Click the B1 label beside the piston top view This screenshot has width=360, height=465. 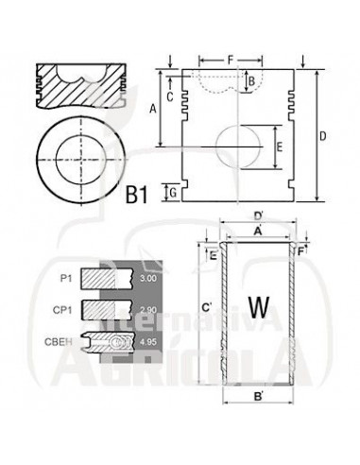136,195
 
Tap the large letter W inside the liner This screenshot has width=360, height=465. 259,307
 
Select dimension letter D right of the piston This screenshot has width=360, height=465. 323,136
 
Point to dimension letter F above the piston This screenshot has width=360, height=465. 231,60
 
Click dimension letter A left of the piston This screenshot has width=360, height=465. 153,109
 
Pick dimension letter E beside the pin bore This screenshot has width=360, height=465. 279,146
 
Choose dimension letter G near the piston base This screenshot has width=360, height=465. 173,193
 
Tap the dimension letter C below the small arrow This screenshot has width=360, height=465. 170,97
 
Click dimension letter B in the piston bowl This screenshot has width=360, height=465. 251,81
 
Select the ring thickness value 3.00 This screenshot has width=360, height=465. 147,278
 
